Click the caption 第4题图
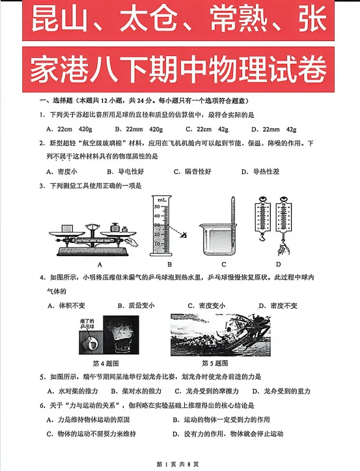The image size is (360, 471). pos(106,363)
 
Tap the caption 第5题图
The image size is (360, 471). pos(215,363)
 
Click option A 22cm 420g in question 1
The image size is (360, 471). pos(72,129)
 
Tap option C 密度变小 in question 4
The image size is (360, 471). pos(206,306)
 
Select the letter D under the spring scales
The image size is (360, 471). pos(278,264)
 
